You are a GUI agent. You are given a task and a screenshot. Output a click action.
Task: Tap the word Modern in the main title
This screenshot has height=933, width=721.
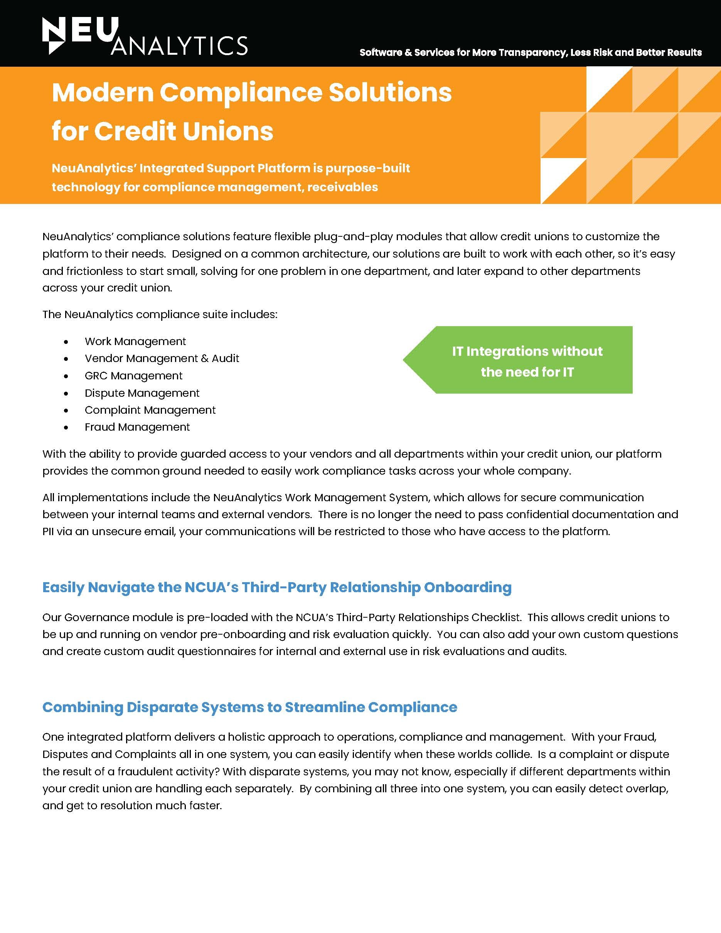click(102, 92)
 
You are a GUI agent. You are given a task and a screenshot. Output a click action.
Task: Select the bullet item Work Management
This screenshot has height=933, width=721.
click(135, 341)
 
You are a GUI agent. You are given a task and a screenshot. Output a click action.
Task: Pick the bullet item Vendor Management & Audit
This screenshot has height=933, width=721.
click(162, 359)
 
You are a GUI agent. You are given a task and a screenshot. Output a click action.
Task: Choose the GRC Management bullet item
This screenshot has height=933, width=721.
click(133, 376)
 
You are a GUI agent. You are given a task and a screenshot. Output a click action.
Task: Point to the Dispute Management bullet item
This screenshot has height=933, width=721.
click(142, 393)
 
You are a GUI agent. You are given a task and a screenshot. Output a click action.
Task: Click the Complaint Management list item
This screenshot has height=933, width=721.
click(150, 410)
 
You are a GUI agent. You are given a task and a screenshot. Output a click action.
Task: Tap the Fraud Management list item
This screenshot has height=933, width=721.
click(137, 427)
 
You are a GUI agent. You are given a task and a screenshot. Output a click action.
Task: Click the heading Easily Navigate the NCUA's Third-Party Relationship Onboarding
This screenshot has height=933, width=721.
click(277, 588)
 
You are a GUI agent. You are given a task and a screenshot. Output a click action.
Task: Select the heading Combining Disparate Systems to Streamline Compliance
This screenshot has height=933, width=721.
click(249, 707)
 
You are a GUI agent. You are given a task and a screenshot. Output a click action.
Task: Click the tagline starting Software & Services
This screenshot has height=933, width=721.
click(531, 52)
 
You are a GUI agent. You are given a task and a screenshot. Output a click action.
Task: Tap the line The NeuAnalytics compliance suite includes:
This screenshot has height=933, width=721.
click(160, 315)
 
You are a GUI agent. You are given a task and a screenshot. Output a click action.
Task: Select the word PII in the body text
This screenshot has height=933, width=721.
click(48, 531)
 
